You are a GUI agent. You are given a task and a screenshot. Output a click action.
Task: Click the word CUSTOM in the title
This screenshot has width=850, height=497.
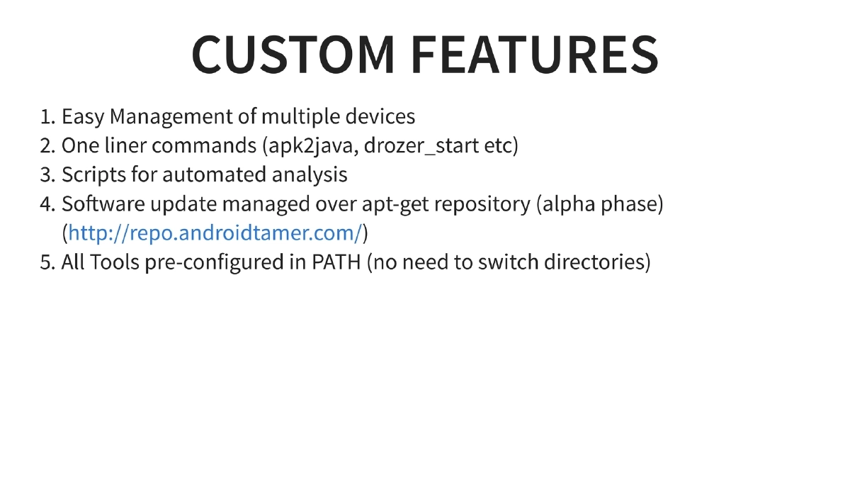(293, 54)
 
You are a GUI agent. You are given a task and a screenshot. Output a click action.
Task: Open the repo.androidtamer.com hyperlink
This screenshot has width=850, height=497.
(215, 233)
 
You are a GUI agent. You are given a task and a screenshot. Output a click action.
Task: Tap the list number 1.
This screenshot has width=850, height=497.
(47, 116)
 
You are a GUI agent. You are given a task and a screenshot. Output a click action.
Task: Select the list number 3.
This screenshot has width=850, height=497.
(47, 174)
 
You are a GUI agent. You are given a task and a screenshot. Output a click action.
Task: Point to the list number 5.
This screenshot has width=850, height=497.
(47, 262)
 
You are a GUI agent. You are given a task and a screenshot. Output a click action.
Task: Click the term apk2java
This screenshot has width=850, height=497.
(311, 145)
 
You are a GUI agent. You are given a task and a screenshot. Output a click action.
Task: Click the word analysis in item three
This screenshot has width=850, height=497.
(311, 174)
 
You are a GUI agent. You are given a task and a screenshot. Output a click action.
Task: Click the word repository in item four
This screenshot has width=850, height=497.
(482, 204)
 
